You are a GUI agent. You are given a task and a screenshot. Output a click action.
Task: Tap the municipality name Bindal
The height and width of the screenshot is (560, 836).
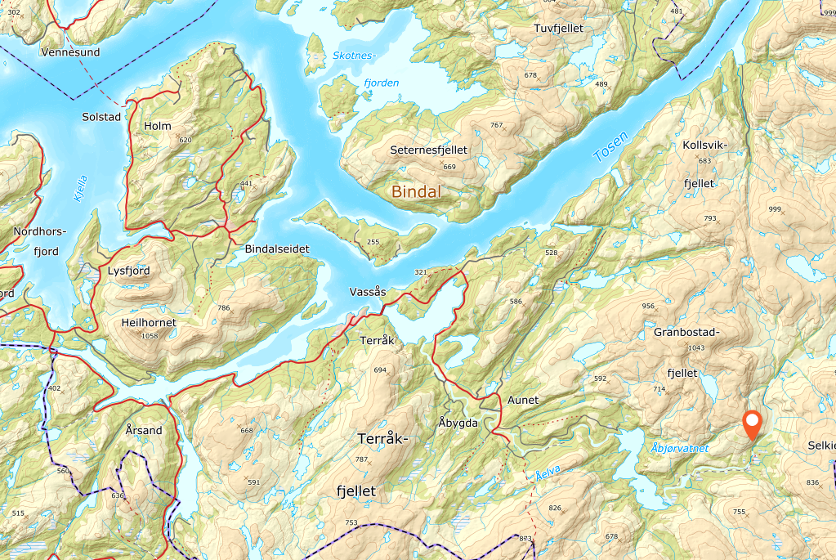[416, 192]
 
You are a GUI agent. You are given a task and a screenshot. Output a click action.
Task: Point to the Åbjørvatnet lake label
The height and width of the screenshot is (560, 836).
[680, 448]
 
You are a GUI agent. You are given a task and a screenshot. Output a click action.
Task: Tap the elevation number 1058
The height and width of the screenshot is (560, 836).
[150, 336]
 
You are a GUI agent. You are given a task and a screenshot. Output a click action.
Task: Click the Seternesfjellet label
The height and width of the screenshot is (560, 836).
[428, 150]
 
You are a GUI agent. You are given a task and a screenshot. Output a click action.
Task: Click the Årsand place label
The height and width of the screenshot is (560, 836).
[145, 430]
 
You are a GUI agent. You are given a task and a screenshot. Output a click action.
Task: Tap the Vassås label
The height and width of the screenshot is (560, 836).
[367, 291]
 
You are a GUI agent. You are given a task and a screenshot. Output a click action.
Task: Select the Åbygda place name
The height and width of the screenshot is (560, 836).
[458, 423]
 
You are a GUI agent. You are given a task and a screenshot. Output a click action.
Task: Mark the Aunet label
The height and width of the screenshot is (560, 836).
[523, 400]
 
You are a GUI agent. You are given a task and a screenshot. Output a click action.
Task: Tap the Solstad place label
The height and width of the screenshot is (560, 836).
[101, 117]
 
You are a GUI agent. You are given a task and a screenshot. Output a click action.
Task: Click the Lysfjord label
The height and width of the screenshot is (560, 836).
[129, 270]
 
